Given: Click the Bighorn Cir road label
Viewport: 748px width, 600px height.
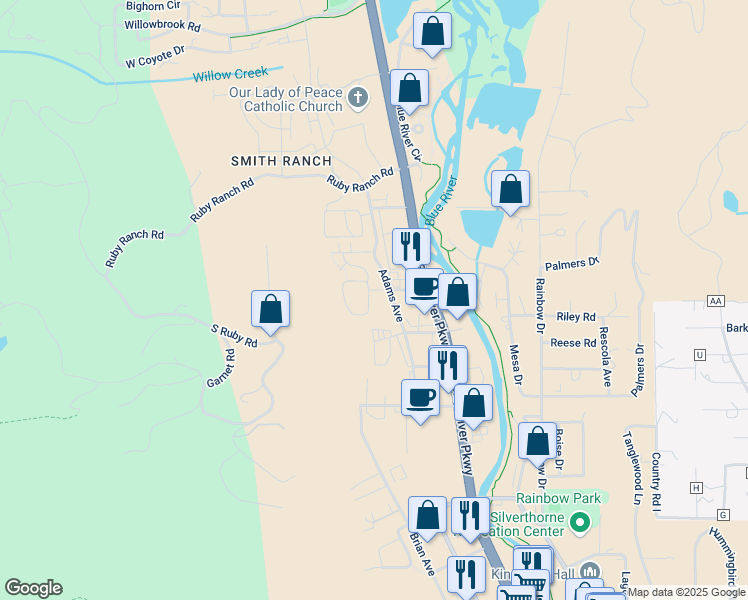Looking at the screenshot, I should coord(153,5).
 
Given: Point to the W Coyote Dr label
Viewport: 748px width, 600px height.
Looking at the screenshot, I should coord(156,56).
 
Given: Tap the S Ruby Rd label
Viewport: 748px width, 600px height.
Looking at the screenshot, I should coord(234,335).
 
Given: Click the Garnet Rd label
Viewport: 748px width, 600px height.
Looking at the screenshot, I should coord(220,368).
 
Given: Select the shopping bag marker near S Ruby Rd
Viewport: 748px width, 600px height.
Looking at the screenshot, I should coord(270,310).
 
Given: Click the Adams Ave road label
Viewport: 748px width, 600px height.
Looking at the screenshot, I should coord(390,294).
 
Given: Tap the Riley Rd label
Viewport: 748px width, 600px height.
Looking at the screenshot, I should coord(576,316).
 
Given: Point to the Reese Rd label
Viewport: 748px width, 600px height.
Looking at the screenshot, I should coord(573,343).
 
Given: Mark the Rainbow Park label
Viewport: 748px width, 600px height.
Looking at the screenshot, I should coord(559,498).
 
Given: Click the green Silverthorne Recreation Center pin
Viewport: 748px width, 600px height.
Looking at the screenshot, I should coord(579,522).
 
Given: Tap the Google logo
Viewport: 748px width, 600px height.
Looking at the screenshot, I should coord(33,589).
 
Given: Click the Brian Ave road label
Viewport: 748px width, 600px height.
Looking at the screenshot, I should coord(422,552).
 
